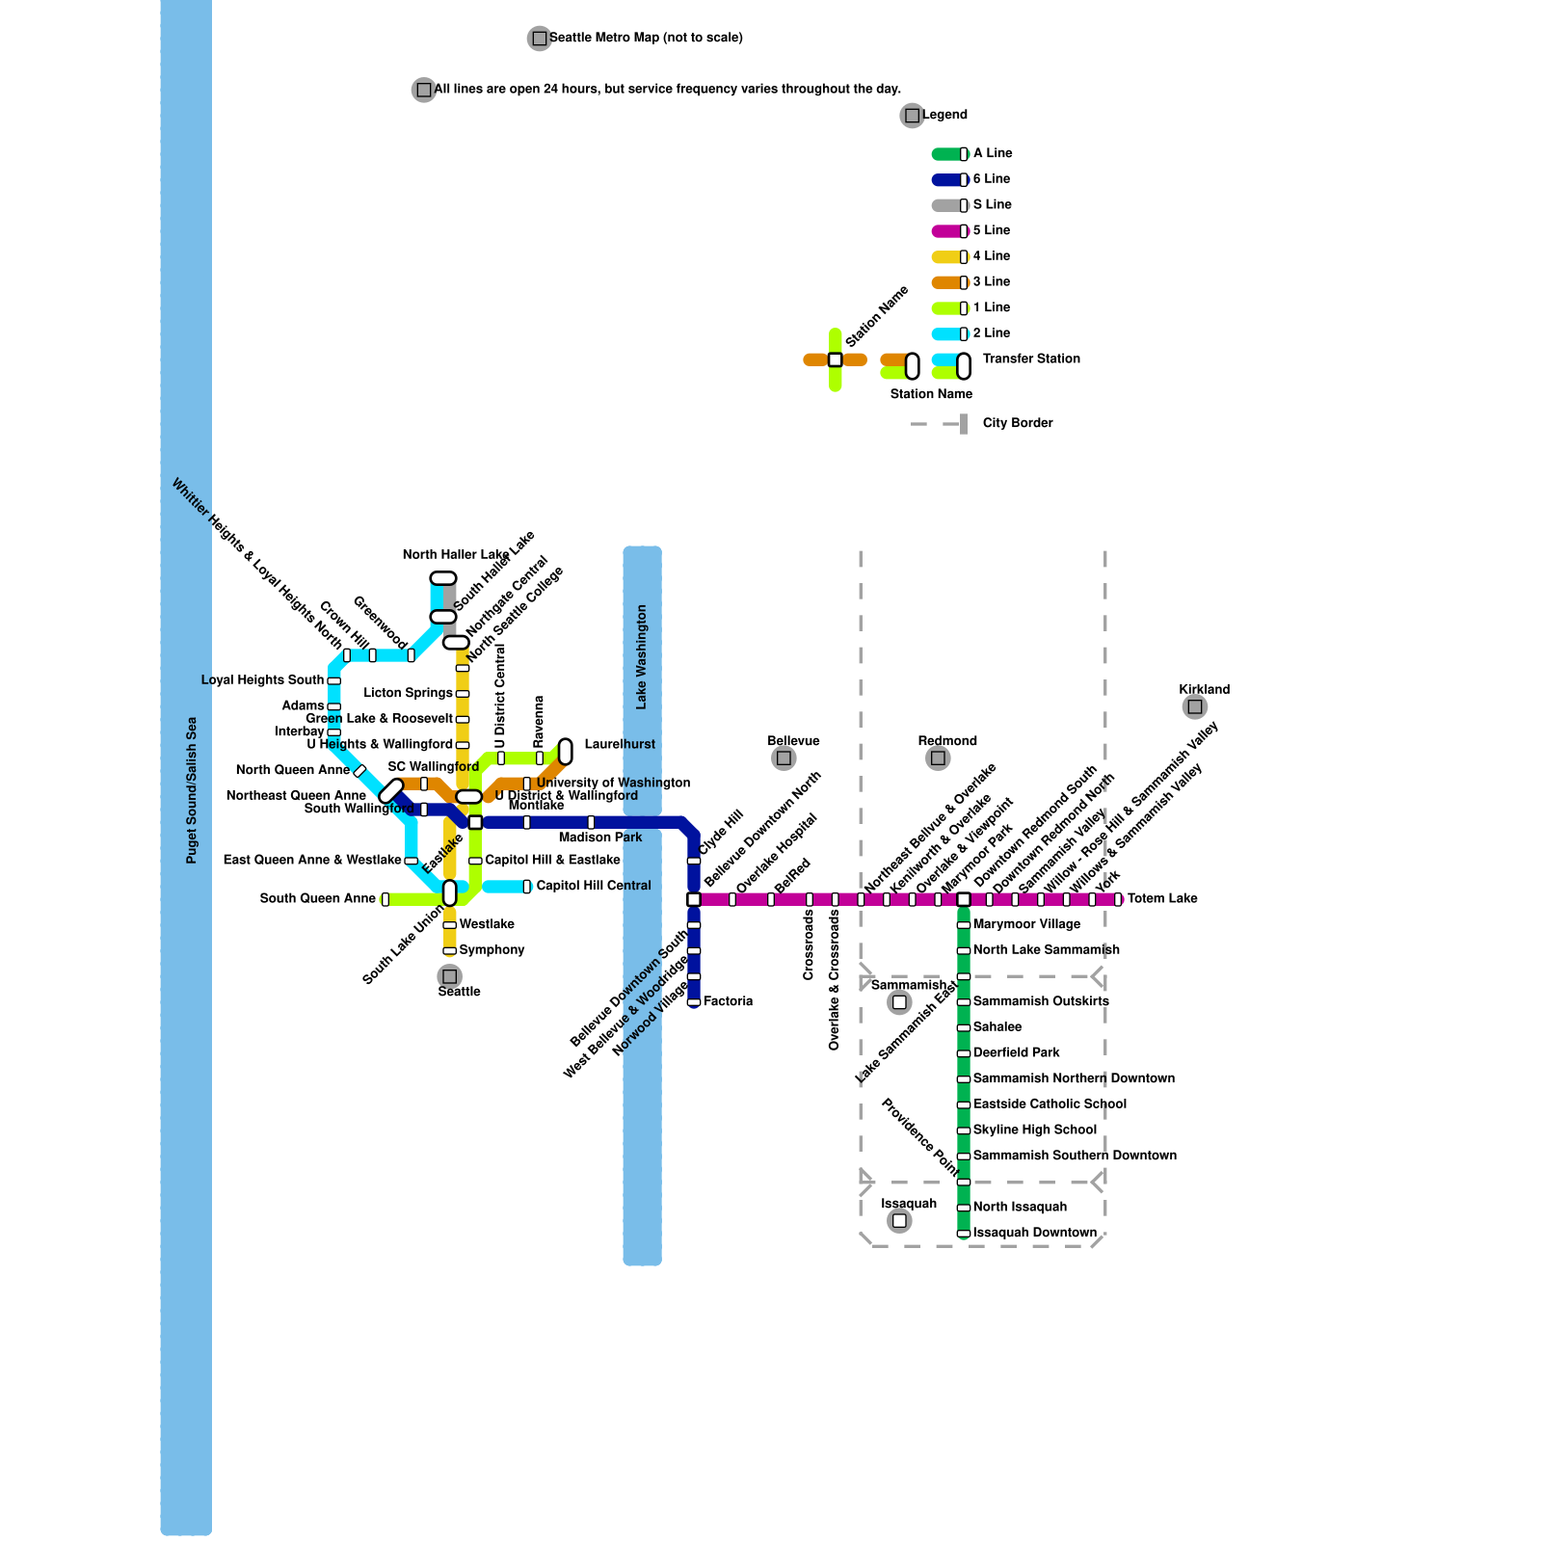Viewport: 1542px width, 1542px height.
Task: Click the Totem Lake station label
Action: pos(1162,898)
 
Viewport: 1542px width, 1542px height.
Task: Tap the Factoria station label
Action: pos(728,1001)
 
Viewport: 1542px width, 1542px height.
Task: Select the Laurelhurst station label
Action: pos(620,744)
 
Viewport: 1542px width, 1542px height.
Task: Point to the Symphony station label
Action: pos(492,949)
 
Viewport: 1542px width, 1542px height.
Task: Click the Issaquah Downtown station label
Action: pos(1034,1233)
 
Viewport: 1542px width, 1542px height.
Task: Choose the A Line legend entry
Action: pos(992,153)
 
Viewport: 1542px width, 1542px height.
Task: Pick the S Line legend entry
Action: pos(992,204)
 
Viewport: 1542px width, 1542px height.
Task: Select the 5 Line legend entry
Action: pos(991,230)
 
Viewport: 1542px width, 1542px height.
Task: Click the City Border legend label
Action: pos(1018,423)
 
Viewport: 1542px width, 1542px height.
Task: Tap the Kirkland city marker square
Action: pos(1195,706)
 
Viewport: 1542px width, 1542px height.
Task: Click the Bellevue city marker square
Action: pos(784,758)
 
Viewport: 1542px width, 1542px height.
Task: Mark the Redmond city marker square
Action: pos(938,758)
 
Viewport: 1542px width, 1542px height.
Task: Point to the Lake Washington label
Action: pos(642,657)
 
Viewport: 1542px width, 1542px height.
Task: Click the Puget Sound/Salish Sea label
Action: pos(192,790)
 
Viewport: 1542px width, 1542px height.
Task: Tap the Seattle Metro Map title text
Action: pos(646,38)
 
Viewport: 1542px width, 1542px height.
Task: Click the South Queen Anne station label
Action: pos(317,898)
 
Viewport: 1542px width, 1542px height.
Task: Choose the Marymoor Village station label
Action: pos(1026,924)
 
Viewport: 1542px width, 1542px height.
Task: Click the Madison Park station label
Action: pos(599,837)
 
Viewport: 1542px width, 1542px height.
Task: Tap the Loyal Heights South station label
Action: pos(262,679)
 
